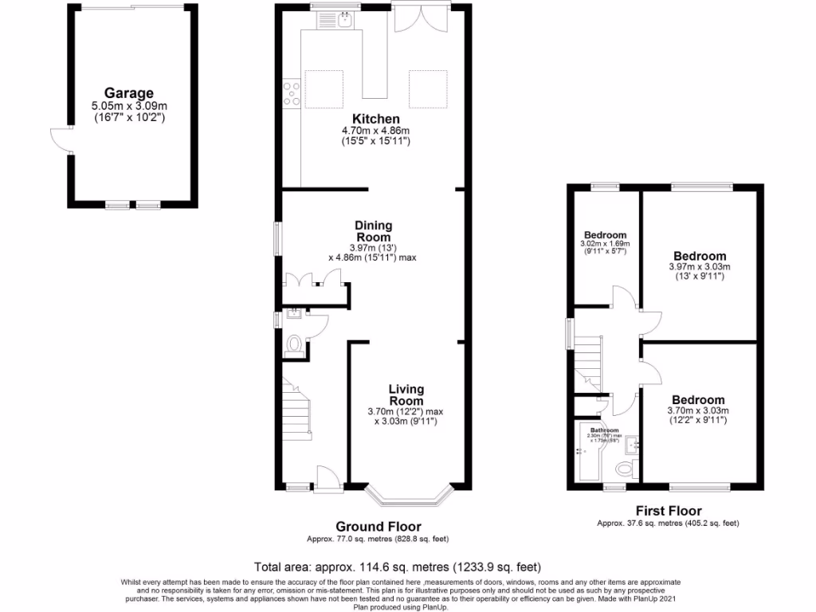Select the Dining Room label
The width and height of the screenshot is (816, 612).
click(x=373, y=231)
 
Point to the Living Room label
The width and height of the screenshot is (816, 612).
click(x=406, y=394)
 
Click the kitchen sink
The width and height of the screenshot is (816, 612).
click(x=344, y=21)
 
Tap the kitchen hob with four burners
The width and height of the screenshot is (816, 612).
click(x=292, y=94)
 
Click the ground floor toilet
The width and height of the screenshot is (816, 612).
click(x=293, y=346)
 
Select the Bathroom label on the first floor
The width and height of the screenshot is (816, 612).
click(x=604, y=430)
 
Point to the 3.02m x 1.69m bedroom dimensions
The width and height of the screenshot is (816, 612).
click(x=605, y=244)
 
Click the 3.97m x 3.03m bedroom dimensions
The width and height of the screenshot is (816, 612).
click(x=699, y=267)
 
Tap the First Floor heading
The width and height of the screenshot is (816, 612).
click(x=668, y=511)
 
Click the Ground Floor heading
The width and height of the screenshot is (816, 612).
click(x=378, y=526)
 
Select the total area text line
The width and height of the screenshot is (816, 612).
click(x=397, y=567)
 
